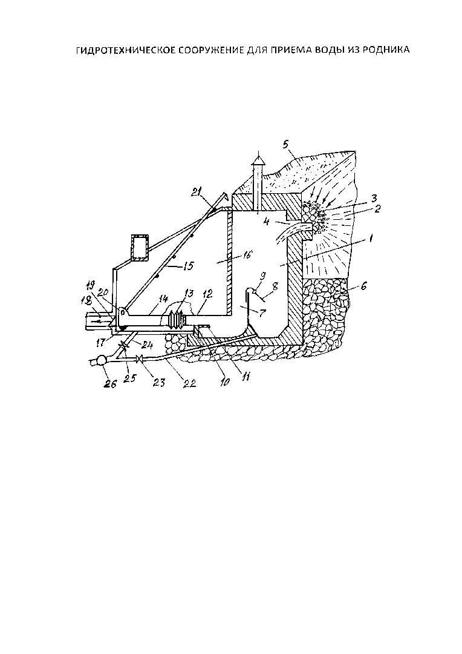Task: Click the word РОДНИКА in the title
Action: (x=385, y=50)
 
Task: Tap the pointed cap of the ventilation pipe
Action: (x=258, y=159)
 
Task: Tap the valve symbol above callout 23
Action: (x=140, y=358)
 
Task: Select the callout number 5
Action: (x=285, y=145)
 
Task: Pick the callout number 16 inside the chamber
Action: (x=247, y=254)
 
